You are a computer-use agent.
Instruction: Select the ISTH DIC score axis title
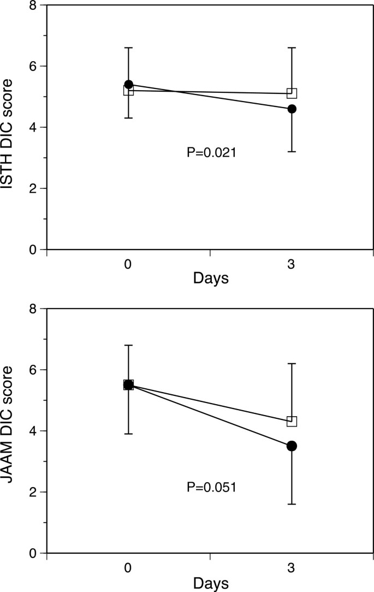click(x=9, y=134)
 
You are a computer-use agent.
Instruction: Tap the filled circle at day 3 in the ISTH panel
click(x=292, y=109)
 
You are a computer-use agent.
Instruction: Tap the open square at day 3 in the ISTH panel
click(x=292, y=93)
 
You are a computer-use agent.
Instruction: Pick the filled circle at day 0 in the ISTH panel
click(x=128, y=85)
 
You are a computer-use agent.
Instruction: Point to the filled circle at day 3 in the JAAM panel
click(x=292, y=446)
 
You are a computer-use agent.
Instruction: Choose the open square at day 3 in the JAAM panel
click(x=292, y=421)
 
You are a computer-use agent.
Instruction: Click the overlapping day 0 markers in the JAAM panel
click(x=128, y=385)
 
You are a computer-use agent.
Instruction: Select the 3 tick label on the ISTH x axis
click(x=292, y=264)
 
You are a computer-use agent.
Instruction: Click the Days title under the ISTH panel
click(x=210, y=279)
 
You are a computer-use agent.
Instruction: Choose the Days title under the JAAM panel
click(x=210, y=583)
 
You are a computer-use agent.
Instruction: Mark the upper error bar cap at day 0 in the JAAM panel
click(x=128, y=345)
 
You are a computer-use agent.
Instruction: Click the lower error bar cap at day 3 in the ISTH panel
click(x=292, y=151)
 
